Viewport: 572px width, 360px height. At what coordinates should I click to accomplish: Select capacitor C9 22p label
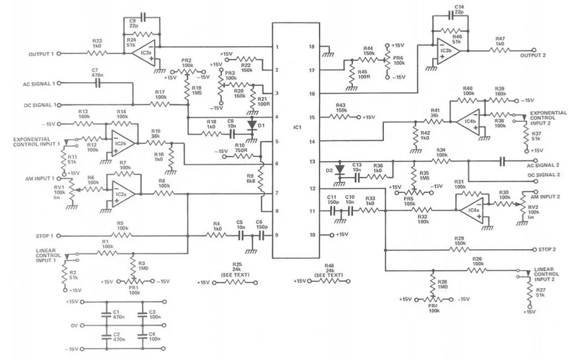133,22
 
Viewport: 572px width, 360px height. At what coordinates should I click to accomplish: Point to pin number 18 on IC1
312,47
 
